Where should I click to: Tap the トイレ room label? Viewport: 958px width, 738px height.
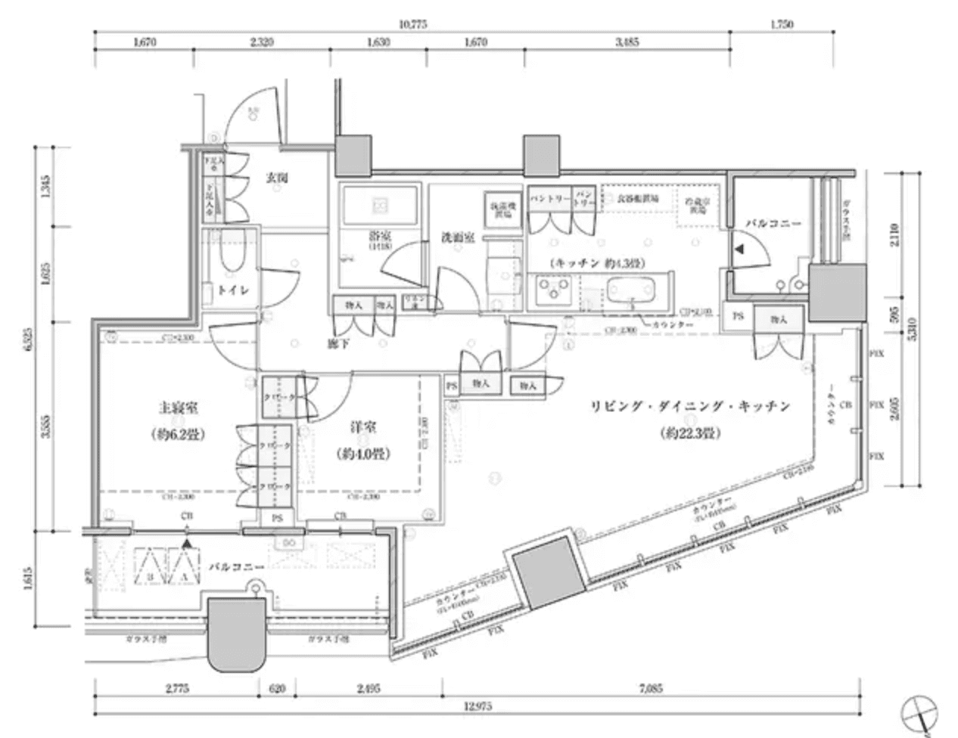point(229,290)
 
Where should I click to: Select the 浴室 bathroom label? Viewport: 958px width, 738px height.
point(381,235)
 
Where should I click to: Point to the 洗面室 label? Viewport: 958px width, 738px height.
point(457,237)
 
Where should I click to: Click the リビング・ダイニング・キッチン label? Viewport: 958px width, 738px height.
point(690,406)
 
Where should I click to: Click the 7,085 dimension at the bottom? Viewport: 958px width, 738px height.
point(650,689)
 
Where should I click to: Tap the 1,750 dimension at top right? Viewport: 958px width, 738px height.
point(782,24)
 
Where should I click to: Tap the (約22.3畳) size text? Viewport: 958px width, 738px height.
point(689,434)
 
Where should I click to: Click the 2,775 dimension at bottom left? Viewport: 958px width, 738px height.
point(175,689)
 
